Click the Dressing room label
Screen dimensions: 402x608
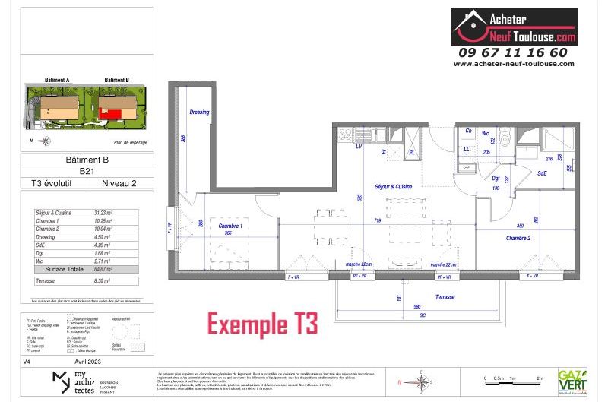(199, 112)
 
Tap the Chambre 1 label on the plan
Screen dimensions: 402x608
(230, 226)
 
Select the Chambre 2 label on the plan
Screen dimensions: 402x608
(519, 238)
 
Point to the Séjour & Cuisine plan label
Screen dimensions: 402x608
(394, 186)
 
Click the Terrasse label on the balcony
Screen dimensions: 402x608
(445, 297)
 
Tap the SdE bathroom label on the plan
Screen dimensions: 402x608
(542, 173)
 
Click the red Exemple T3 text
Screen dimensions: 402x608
(263, 324)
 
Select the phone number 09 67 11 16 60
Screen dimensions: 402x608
(513, 52)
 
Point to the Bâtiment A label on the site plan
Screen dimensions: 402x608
(57, 80)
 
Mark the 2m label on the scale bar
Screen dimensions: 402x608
(540, 378)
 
